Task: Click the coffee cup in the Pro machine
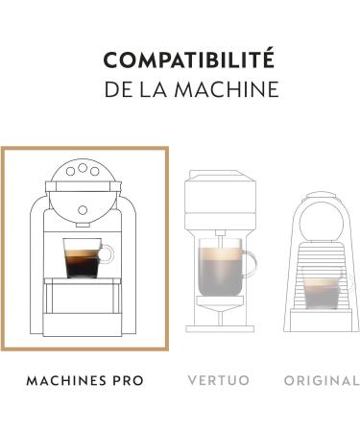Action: tap(84, 256)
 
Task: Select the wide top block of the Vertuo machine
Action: tap(220, 200)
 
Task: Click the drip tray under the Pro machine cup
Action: tap(84, 285)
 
